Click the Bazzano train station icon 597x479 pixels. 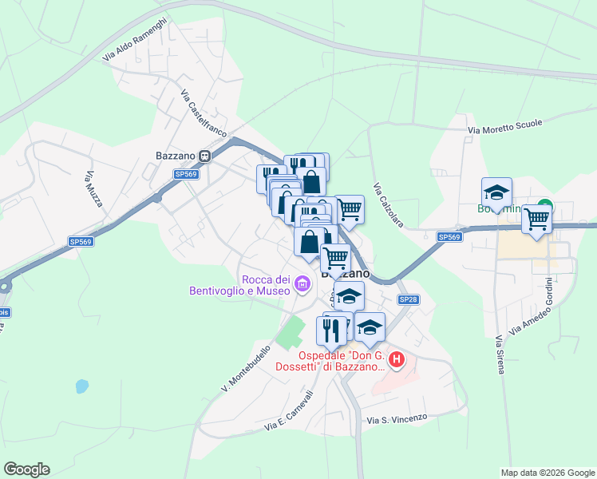(x=205, y=156)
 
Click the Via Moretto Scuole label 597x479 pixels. (x=504, y=126)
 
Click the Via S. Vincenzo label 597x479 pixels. (x=397, y=418)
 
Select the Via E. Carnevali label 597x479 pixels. (x=286, y=413)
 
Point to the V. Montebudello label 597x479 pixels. (x=248, y=369)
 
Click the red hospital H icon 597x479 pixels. (x=397, y=362)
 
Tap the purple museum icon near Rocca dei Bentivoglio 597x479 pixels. (x=302, y=284)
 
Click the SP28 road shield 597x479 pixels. (x=408, y=299)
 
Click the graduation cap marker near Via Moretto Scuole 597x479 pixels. (x=496, y=192)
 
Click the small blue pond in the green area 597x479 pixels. (x=81, y=386)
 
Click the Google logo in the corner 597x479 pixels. (x=26, y=469)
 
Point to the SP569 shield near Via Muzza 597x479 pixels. (x=80, y=241)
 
